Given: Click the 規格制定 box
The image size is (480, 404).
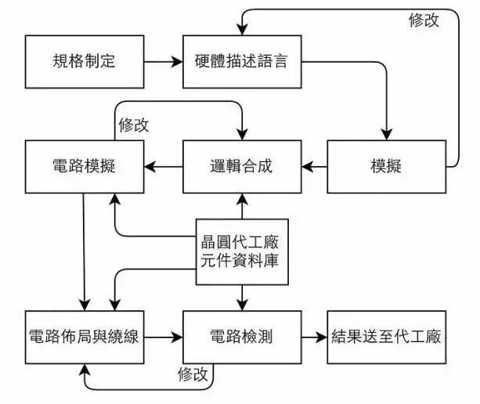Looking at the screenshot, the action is click(85, 62).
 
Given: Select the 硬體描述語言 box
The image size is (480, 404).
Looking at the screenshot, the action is click(242, 62).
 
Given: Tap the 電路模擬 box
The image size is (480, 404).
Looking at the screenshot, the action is click(85, 167).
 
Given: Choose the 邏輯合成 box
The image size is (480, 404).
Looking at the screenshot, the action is click(242, 167).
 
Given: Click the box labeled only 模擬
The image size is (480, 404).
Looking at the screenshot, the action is click(387, 167).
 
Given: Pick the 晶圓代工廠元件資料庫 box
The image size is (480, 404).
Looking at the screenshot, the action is click(242, 252).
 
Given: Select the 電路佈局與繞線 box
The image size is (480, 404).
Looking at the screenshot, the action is click(85, 337).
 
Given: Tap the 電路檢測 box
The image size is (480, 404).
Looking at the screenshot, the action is click(242, 337).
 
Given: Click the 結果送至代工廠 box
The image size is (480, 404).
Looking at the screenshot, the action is click(387, 337).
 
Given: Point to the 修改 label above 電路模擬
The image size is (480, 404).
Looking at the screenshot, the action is click(133, 124).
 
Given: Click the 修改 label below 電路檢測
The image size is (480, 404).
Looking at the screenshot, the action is click(193, 374).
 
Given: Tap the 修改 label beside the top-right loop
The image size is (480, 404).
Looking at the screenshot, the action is click(424, 20).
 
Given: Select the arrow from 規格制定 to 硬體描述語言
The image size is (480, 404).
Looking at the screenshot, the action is click(164, 62).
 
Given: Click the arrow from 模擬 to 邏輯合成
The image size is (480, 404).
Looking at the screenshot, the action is click(314, 167).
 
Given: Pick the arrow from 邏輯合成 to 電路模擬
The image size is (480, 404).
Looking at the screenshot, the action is click(164, 167).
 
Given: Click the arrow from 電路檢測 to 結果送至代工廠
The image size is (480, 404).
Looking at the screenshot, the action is click(314, 337).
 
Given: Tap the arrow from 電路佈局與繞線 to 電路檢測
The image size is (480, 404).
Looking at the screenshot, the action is click(164, 337).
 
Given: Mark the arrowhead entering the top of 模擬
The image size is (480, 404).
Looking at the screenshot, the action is click(387, 135).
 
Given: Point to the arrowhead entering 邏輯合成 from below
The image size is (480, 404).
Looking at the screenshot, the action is click(242, 199).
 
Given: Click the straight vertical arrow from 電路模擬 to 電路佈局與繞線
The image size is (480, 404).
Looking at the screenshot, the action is click(84, 252).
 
